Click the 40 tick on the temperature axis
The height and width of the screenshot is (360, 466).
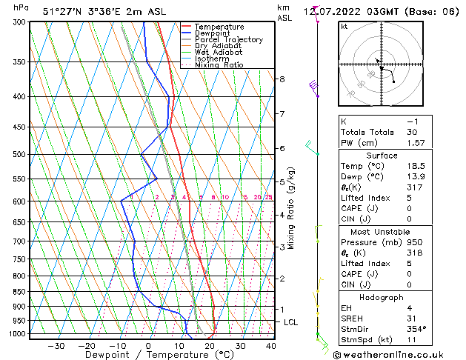270,346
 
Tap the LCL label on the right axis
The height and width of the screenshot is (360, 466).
291,322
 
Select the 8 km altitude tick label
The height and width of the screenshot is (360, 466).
282,79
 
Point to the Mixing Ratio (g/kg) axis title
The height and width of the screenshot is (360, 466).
292,208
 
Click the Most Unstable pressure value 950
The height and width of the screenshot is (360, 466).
415,242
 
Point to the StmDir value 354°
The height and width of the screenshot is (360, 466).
416,329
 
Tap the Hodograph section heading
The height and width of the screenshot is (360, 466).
382,296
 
